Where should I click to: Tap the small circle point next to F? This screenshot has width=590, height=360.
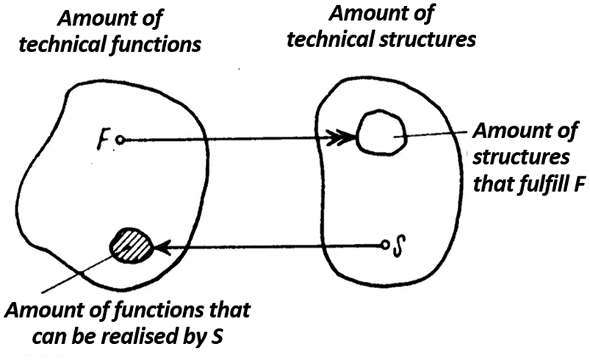pyautogui.click(x=120, y=140)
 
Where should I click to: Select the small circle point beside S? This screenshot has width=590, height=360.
pyautogui.click(x=384, y=245)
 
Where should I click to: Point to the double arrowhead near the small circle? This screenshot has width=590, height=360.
pyautogui.click(x=339, y=137)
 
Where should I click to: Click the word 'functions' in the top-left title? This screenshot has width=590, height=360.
pyautogui.click(x=156, y=45)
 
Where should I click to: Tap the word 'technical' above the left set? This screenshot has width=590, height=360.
pyautogui.click(x=63, y=44)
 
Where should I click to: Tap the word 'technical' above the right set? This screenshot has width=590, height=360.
pyautogui.click(x=331, y=39)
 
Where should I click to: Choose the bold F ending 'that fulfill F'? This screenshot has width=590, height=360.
pyautogui.click(x=580, y=184)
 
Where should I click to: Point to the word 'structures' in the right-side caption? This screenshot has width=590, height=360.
pyautogui.click(x=521, y=157)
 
